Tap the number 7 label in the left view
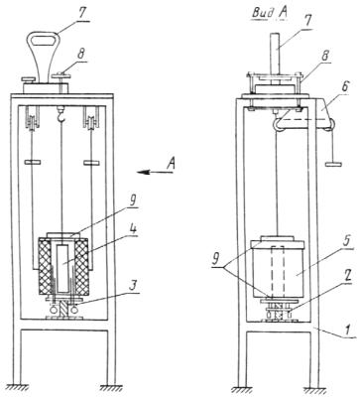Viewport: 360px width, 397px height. tap(82, 15)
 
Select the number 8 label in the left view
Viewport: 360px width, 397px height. tap(81, 56)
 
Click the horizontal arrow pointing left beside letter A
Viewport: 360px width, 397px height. tap(156, 172)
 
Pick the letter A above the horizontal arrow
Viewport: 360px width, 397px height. tap(171, 164)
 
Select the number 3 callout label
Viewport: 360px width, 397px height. tap(132, 287)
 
